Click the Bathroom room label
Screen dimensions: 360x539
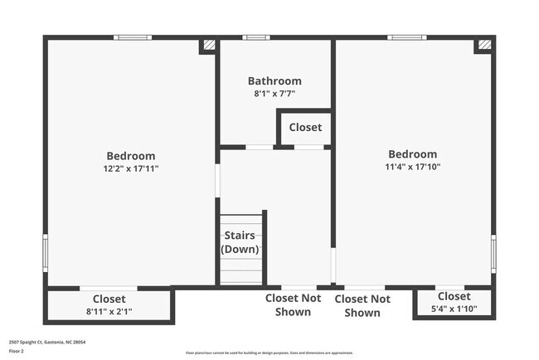(274, 81)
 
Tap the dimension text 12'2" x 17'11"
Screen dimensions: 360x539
(131, 168)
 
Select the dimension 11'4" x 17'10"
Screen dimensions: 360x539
(412, 167)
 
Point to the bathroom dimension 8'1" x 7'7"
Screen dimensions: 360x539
(274, 94)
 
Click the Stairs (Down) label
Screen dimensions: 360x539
(240, 242)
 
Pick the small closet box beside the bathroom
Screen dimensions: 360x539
(304, 129)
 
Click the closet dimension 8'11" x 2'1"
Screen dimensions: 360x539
(109, 312)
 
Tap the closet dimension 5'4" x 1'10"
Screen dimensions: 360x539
(454, 309)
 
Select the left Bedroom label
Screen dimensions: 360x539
(131, 155)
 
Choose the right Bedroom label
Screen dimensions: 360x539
(412, 154)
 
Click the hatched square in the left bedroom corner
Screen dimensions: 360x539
(209, 46)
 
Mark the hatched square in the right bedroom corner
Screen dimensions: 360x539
(484, 46)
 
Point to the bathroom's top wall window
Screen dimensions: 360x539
(255, 36)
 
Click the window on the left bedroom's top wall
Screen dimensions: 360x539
(133, 36)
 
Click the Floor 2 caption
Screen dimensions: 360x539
(17, 350)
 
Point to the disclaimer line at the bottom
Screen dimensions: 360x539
(269, 353)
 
